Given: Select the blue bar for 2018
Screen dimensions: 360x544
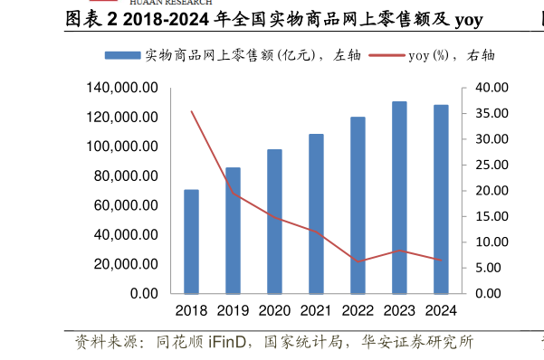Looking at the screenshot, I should (191, 242).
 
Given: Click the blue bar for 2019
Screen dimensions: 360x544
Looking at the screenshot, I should (233, 231).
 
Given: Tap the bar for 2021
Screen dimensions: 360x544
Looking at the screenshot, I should (316, 213).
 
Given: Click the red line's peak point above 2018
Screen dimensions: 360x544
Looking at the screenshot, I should (191, 111).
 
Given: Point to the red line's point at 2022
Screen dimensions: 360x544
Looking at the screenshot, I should (358, 261).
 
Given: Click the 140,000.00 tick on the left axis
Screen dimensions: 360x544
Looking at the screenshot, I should (123, 88).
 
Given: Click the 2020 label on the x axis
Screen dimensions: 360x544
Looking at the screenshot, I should (274, 311).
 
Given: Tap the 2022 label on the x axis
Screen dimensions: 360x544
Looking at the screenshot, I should (358, 311).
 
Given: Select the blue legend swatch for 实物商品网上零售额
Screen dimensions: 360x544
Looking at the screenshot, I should (122, 55).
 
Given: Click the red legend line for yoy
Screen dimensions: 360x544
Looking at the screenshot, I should (386, 55).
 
